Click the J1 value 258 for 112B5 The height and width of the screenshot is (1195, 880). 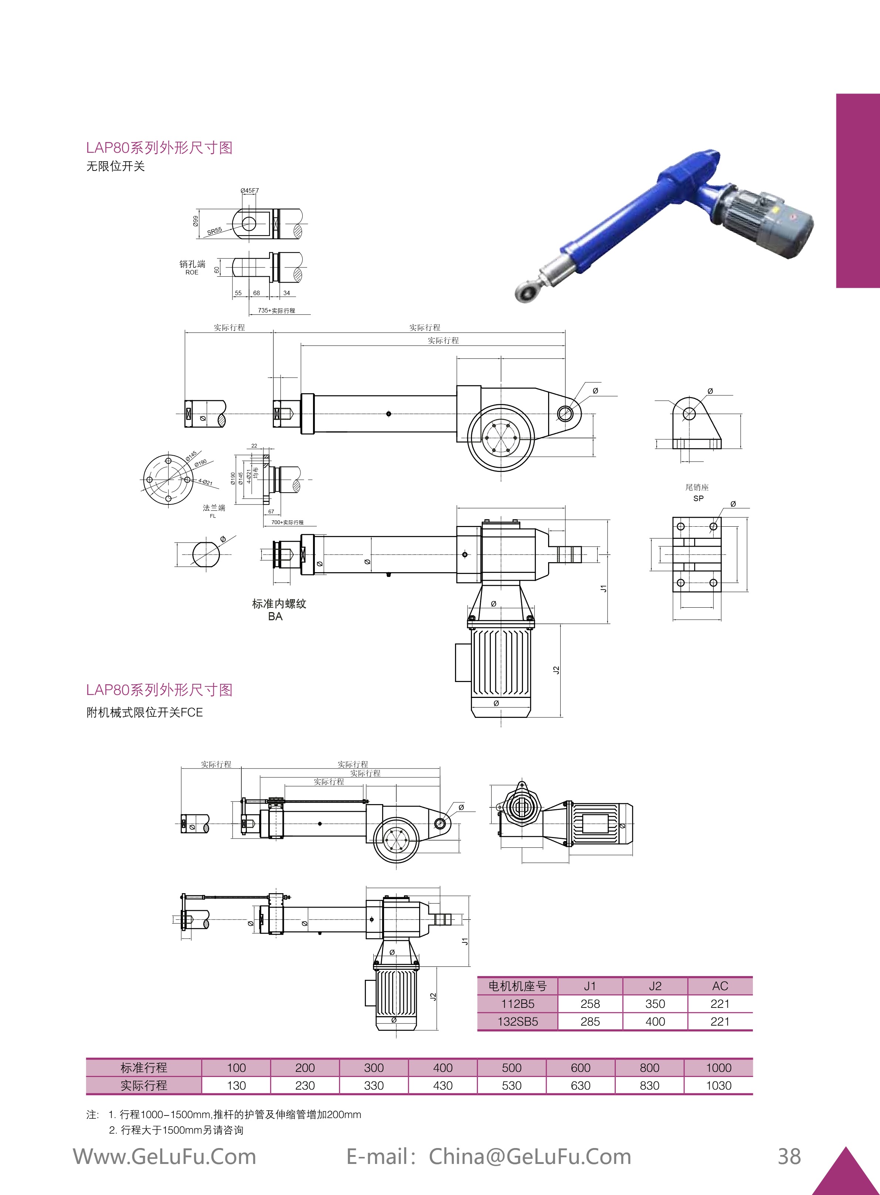click(x=590, y=1004)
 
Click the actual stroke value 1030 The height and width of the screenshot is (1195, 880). click(x=718, y=1085)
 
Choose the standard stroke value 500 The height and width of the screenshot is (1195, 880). click(x=512, y=1068)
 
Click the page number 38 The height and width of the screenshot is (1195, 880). click(x=789, y=1157)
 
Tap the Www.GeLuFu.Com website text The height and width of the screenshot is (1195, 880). click(x=164, y=1157)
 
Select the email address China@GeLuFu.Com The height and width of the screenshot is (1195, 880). click(x=530, y=1157)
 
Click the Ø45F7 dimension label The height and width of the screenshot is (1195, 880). click(x=249, y=190)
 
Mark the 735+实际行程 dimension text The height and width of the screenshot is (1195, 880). click(x=276, y=310)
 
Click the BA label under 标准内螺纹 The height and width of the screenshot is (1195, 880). click(x=275, y=616)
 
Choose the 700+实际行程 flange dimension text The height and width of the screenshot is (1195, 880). click(x=287, y=522)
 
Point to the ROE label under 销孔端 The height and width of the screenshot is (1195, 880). click(x=192, y=272)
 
